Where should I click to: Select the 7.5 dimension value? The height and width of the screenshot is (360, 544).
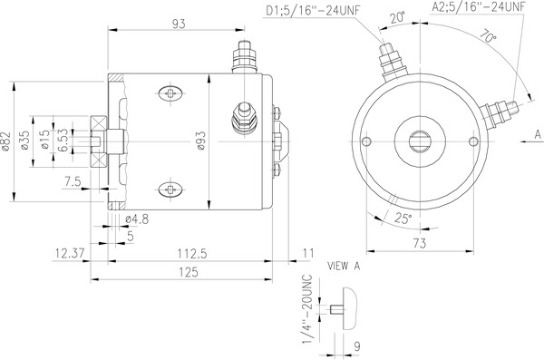coord(73,181)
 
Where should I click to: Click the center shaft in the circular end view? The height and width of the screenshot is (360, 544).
coord(423,140)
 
